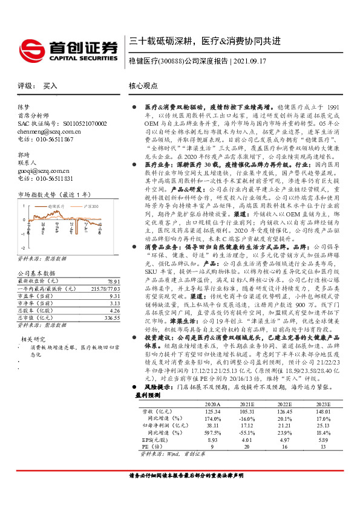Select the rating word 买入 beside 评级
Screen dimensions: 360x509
tap(50, 86)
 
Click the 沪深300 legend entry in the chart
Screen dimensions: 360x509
tap(91, 207)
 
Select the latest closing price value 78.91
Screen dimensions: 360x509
tap(114, 282)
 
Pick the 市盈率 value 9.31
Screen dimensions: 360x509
tap(115, 296)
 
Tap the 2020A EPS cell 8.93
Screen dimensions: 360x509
tap(213, 441)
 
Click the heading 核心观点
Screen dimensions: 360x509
tap(143, 86)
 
